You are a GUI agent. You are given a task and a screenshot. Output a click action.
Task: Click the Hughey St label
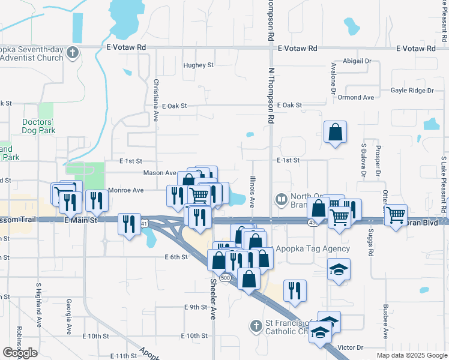(198, 65)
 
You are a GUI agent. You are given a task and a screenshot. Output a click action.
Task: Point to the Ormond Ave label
(355, 97)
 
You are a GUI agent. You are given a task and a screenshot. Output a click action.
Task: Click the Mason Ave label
(159, 173)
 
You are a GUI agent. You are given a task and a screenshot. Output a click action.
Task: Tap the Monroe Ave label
(125, 190)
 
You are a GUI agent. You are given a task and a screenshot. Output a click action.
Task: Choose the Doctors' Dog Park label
(38, 125)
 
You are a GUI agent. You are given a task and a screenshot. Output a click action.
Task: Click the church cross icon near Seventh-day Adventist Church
(73, 52)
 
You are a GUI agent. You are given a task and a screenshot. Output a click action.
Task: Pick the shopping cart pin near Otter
(396, 214)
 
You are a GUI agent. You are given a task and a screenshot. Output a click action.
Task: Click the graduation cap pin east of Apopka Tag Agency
(339, 269)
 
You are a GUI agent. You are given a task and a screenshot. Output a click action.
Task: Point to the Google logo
(20, 353)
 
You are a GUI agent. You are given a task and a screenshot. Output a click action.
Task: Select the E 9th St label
(195, 307)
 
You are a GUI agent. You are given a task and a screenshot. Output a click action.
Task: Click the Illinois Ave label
(252, 190)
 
